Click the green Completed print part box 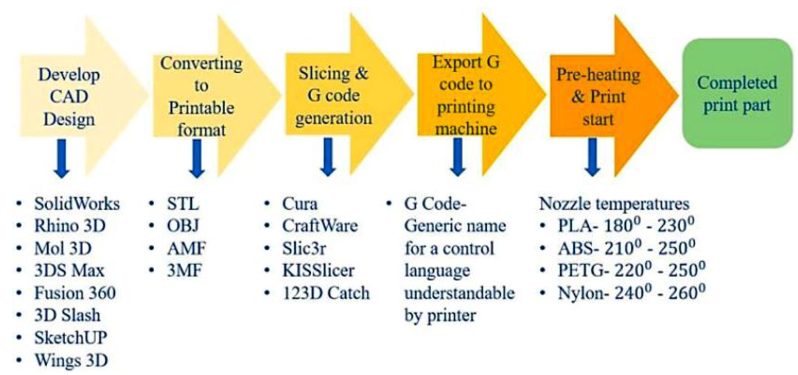[737, 93]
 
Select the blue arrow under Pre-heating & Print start [591, 157]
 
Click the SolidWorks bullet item [77, 204]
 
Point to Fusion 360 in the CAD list [75, 293]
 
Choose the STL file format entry [183, 204]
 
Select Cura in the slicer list [300, 204]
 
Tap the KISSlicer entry [318, 270]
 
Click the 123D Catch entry [325, 293]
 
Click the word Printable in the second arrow [201, 108]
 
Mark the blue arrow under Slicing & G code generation [327, 157]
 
